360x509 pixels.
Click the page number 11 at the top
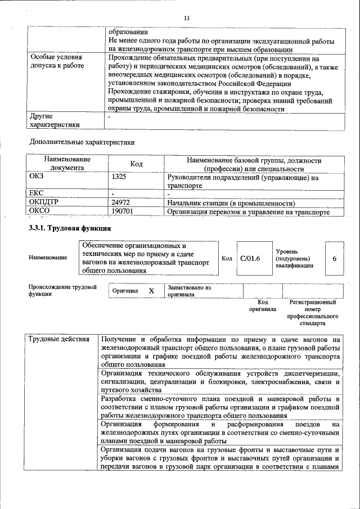coord(186,18)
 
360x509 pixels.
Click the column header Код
coord(136,164)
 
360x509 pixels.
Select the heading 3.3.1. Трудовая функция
coord(70,229)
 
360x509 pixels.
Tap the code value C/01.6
coord(250,259)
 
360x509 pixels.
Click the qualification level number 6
coord(335,259)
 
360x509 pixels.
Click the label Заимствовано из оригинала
coord(188,291)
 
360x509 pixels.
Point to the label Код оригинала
coord(262,305)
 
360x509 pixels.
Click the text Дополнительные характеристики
coord(82,142)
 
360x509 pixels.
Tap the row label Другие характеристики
coord(55,120)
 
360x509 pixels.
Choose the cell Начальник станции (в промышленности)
coord(231,203)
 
